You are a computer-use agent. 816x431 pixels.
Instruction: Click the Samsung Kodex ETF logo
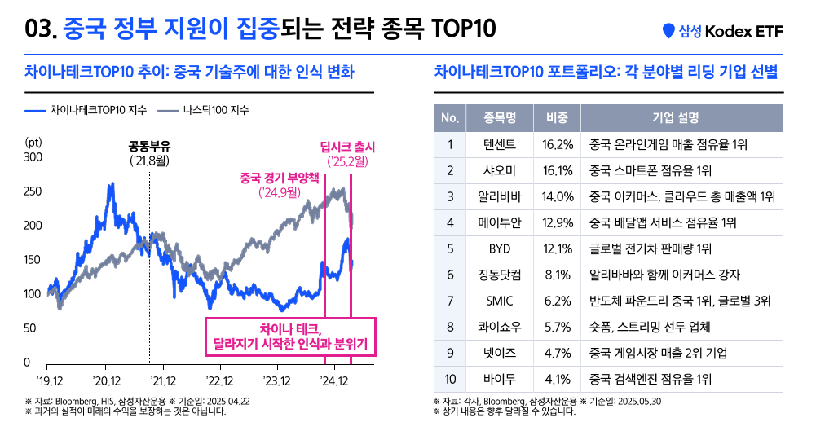pos(722,30)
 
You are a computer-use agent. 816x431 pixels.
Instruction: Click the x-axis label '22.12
pos(220,380)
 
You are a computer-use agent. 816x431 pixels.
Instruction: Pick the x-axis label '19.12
pos(51,380)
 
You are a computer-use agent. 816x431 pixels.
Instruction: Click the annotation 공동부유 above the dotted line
pos(149,147)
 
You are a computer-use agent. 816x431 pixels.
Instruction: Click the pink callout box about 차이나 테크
pos(290,336)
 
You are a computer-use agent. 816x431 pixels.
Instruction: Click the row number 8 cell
pos(449,327)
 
